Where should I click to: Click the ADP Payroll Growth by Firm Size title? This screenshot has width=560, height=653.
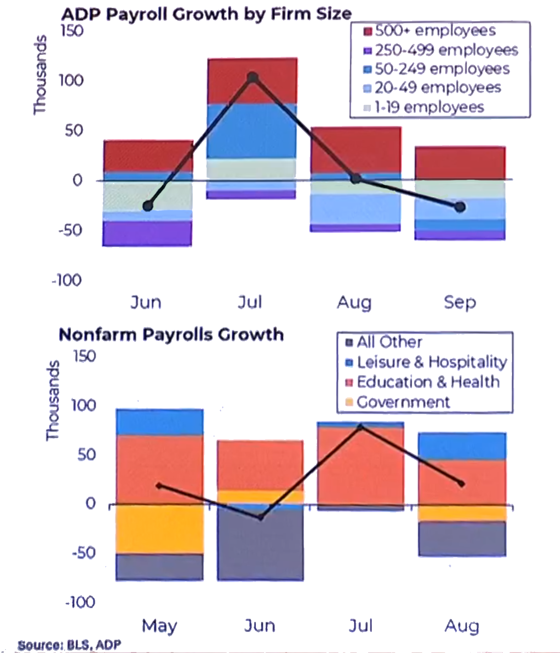pyautogui.click(x=206, y=14)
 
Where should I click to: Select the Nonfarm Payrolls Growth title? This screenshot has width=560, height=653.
pyautogui.click(x=171, y=335)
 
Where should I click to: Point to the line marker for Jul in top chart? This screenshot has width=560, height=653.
pyautogui.click(x=252, y=77)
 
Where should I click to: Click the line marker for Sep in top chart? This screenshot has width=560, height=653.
pyautogui.click(x=460, y=207)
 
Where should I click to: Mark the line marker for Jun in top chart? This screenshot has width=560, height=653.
pyautogui.click(x=147, y=206)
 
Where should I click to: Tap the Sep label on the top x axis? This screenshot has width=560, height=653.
pyautogui.click(x=460, y=302)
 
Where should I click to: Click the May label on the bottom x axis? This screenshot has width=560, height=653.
pyautogui.click(x=159, y=626)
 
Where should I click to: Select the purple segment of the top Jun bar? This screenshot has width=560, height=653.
pyautogui.click(x=147, y=233)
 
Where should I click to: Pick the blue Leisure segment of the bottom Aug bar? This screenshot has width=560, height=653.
pyautogui.click(x=462, y=446)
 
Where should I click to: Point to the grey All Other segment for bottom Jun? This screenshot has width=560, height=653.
pyautogui.click(x=260, y=545)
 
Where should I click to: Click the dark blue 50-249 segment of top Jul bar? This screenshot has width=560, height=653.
pyautogui.click(x=252, y=131)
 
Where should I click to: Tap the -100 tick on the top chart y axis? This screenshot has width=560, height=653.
pyautogui.click(x=67, y=280)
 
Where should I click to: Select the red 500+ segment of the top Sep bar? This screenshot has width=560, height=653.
pyautogui.click(x=460, y=162)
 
